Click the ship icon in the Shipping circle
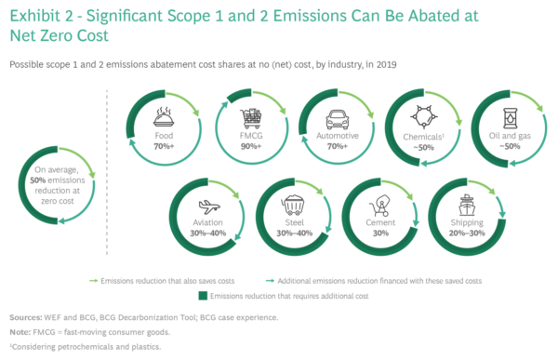click(x=465, y=204)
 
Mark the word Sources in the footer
click(x=23, y=316)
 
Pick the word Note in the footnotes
click(x=18, y=331)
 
